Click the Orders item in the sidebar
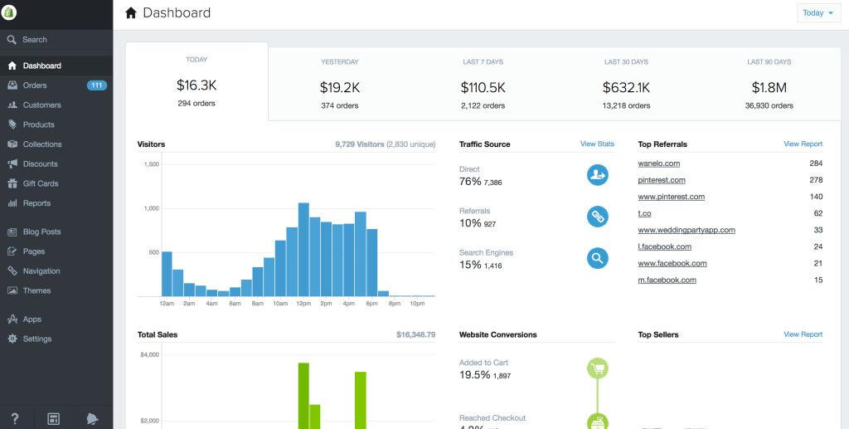point(35,85)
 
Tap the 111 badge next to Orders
point(97,85)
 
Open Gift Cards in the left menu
point(40,183)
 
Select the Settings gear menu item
point(36,339)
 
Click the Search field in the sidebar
point(35,40)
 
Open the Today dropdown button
point(818,13)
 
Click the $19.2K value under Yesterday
point(340,87)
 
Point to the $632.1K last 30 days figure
point(626,87)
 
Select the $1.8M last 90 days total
point(769,87)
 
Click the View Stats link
point(597,144)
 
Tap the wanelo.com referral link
point(659,163)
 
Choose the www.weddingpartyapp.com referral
point(686,230)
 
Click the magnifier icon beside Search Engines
point(597,258)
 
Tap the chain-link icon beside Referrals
point(597,217)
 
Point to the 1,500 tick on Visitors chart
point(151,164)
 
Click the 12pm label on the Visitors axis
point(303,304)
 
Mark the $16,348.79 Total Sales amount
point(415,335)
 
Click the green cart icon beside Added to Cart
point(597,368)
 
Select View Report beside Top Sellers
point(803,334)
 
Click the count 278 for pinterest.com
point(816,180)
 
